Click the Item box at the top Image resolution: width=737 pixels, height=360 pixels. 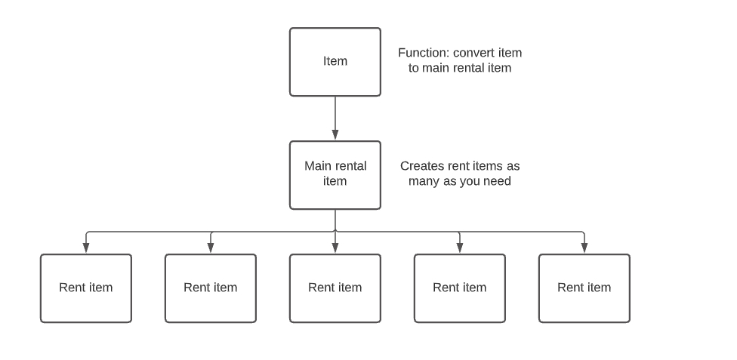tap(335, 62)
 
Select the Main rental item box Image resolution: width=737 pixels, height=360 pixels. tap(335, 175)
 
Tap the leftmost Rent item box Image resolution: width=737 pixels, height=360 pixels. tap(86, 288)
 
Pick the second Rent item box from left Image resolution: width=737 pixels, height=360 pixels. tap(211, 288)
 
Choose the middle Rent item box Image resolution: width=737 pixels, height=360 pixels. tap(335, 288)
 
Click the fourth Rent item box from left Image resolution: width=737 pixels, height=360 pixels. tap(460, 288)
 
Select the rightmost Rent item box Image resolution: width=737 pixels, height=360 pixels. tap(584, 288)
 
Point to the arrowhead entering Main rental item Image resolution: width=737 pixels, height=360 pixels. tap(335, 135)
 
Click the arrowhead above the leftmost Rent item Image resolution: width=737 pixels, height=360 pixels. tap(86, 248)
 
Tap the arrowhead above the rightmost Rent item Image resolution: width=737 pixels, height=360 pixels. tap(584, 248)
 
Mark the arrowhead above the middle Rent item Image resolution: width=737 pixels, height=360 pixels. tap(335, 248)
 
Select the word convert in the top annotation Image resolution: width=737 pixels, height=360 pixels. tap(473, 53)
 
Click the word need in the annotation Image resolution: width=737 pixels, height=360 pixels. tap(498, 181)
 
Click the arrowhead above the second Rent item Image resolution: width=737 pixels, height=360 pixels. tap(211, 248)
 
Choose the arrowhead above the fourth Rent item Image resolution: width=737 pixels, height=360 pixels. tap(460, 248)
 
